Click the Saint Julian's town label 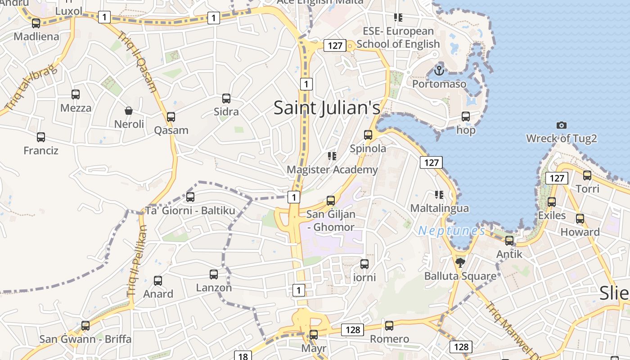coord(327,108)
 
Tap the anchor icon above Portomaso coord(439,70)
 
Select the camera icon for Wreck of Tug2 coord(561,125)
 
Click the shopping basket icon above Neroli coord(129,111)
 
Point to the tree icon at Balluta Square coord(460,262)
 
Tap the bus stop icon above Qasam coord(171,117)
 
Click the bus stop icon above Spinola coord(368,135)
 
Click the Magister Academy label coord(332,170)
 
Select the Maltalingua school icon coord(439,195)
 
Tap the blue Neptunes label coord(451,231)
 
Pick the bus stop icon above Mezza coord(76,94)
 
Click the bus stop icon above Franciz coord(41,137)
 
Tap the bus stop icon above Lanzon coord(214,274)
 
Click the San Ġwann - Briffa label coord(85,339)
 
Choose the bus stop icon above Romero coord(389,325)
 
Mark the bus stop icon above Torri coord(587,175)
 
